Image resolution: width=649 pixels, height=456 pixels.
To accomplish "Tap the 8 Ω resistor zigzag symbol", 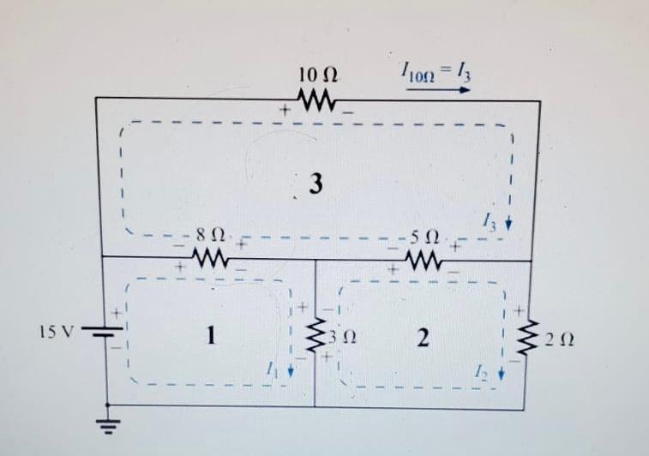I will click(x=210, y=256).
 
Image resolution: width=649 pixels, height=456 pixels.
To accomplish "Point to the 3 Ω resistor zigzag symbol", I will click(x=316, y=335).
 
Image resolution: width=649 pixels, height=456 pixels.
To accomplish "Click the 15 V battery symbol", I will click(x=105, y=333).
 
